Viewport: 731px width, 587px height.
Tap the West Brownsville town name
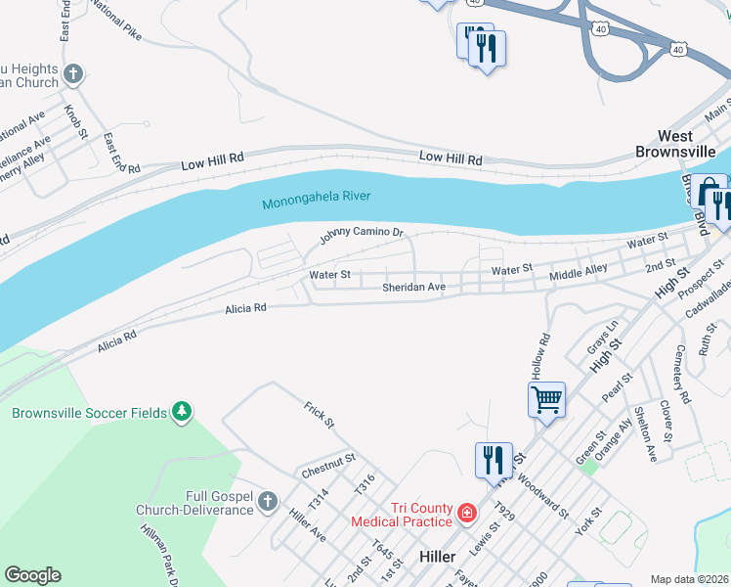click(675, 144)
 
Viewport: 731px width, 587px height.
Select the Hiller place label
click(437, 556)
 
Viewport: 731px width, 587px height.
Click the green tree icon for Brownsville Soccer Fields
click(181, 413)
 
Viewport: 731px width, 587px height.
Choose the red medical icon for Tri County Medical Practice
click(467, 513)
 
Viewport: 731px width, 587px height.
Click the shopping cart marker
click(546, 399)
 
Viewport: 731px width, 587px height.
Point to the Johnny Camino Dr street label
click(362, 235)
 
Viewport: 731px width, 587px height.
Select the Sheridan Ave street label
click(413, 288)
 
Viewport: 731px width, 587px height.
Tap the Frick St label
click(319, 415)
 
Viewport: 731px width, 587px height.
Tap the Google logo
click(32, 575)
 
